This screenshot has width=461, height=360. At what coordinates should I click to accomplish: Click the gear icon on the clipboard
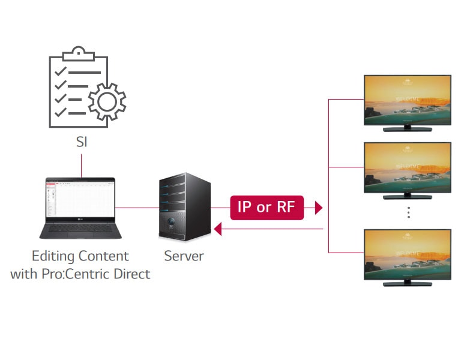(x=106, y=101)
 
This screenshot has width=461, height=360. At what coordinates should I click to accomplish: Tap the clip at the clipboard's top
(x=78, y=53)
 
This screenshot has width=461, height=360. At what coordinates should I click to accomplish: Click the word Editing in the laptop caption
(x=52, y=256)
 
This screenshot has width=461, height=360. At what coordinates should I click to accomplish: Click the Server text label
(x=184, y=256)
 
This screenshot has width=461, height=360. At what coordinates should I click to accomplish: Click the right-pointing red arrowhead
(x=318, y=208)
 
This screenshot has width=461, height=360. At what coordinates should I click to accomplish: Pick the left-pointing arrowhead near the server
(x=218, y=229)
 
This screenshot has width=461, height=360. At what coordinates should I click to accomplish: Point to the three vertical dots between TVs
(x=408, y=212)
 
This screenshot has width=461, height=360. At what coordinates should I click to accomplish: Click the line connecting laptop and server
(x=136, y=208)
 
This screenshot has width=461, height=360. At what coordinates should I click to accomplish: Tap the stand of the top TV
(x=407, y=128)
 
